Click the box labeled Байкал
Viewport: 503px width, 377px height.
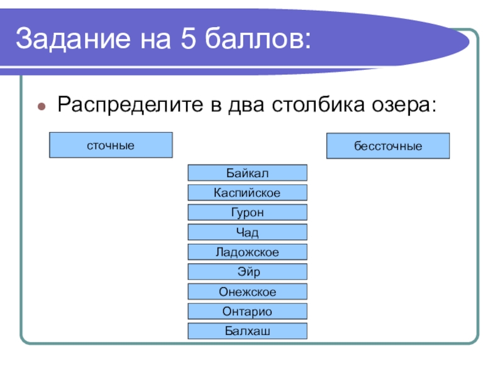(248, 173)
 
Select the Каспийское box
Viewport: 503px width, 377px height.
(248, 192)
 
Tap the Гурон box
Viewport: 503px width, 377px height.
(248, 212)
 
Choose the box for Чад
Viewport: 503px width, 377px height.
(248, 232)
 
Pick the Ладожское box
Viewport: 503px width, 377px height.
(248, 252)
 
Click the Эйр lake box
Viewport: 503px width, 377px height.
(248, 271)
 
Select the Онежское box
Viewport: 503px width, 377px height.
(248, 292)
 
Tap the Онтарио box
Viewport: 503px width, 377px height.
(248, 311)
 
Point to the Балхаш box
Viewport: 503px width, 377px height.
(248, 331)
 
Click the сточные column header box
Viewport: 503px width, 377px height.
(111, 145)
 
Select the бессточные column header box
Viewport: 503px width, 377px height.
(388, 146)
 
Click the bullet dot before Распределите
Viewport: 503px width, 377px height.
(41, 105)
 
